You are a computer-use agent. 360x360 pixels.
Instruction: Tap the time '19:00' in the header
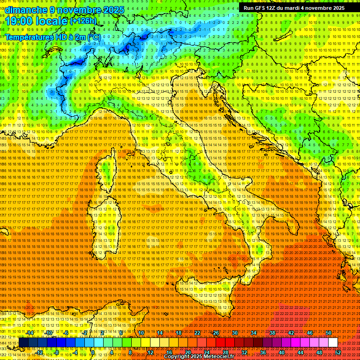(20, 21)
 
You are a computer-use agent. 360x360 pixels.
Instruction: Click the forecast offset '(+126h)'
(83, 21)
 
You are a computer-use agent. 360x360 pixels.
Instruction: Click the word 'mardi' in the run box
(297, 8)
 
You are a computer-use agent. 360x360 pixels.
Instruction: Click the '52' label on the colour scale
(337, 352)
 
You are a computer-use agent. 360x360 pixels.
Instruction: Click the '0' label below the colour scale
(93, 352)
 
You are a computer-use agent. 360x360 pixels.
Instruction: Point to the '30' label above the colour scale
(234, 333)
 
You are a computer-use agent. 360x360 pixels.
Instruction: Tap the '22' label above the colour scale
(197, 333)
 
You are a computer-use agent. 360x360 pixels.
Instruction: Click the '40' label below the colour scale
(281, 352)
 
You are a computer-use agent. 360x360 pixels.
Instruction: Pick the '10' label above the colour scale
(141, 333)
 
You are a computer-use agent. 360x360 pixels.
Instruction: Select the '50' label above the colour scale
(328, 333)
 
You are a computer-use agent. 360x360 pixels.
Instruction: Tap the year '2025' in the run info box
(336, 8)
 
